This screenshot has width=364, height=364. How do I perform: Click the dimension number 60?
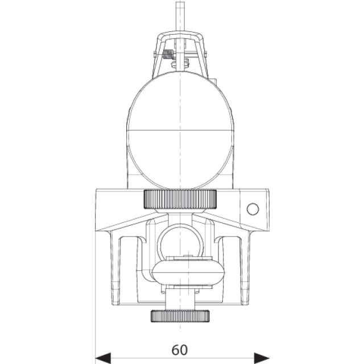(x=180, y=350)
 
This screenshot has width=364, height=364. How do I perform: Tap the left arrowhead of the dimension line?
(x=103, y=358)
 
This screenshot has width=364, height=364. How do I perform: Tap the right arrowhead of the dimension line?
(x=262, y=358)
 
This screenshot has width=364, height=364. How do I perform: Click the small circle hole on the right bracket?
(x=253, y=209)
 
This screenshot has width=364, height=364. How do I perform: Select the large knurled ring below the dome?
(x=180, y=199)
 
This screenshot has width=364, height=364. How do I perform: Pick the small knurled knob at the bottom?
(x=180, y=316)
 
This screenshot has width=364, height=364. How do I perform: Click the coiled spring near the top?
(x=168, y=55)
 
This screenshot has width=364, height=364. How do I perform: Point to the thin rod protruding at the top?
(x=180, y=16)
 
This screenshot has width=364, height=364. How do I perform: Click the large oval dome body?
(x=180, y=130)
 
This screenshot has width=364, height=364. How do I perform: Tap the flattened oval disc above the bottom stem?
(x=188, y=272)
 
